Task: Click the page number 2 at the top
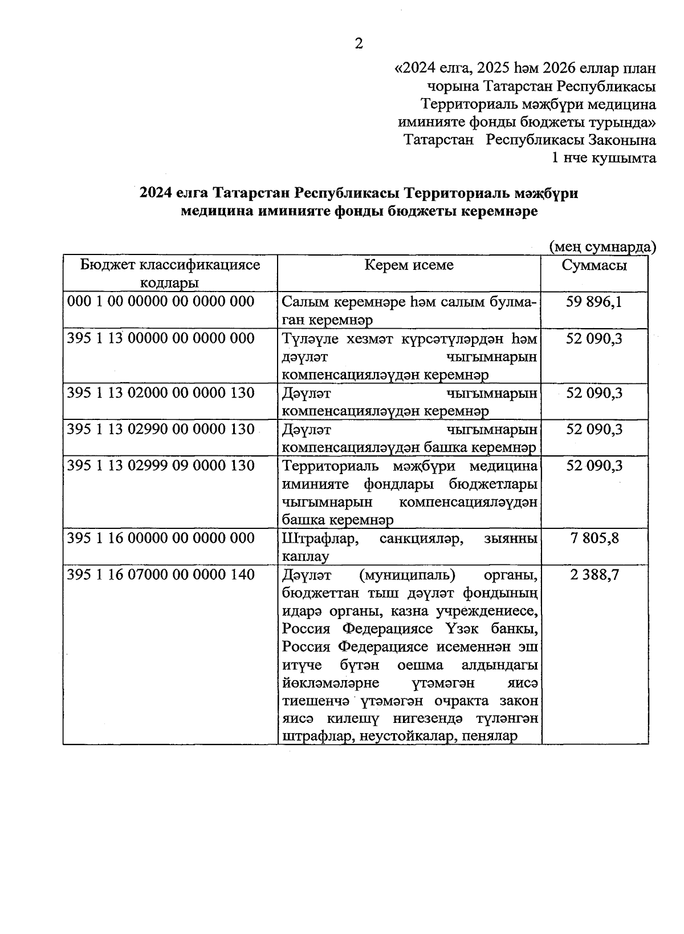coord(359,44)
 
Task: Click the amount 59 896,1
coord(594,301)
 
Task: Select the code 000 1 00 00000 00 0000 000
coord(161,301)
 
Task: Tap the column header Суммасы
coord(594,265)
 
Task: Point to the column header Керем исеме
coord(409,265)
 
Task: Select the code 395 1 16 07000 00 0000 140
coord(161,575)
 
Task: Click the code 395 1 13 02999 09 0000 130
coord(161,466)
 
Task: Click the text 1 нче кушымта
coord(604,158)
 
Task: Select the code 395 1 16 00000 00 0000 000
coord(161,538)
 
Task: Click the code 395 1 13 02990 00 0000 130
coord(161,429)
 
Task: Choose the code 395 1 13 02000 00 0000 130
coord(161,393)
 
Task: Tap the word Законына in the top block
coord(622,140)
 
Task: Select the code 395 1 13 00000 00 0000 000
coord(161,338)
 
